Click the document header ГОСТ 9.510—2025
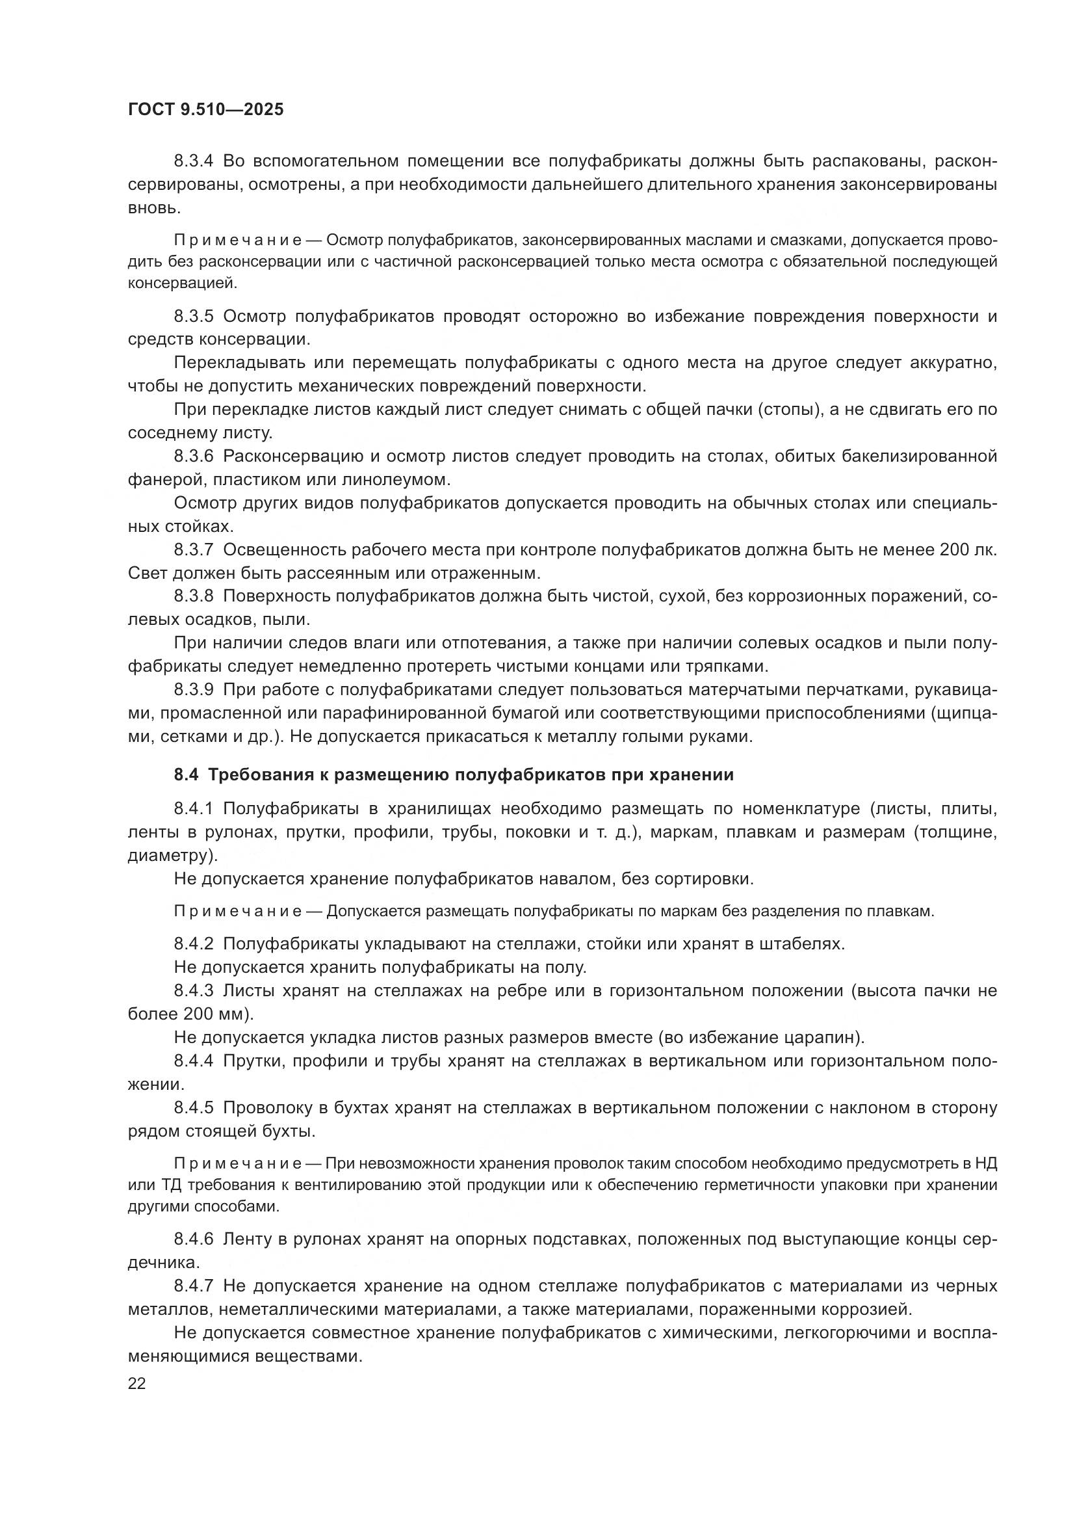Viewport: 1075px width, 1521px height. point(205,109)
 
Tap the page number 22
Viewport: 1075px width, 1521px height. point(137,1383)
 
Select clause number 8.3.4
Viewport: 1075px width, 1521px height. point(194,161)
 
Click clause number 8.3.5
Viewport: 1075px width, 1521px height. point(194,317)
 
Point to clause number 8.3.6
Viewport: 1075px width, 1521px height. point(194,456)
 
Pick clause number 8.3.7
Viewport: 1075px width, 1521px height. point(194,550)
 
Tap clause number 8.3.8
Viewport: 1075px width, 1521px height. point(194,596)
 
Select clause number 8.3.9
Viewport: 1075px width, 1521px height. point(194,689)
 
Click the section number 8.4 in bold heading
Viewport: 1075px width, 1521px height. point(187,775)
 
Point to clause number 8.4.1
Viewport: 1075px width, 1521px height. point(194,809)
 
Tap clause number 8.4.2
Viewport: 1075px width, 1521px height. point(194,944)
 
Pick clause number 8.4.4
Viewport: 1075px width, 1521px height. point(194,1061)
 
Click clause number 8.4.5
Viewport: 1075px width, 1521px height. point(194,1107)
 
